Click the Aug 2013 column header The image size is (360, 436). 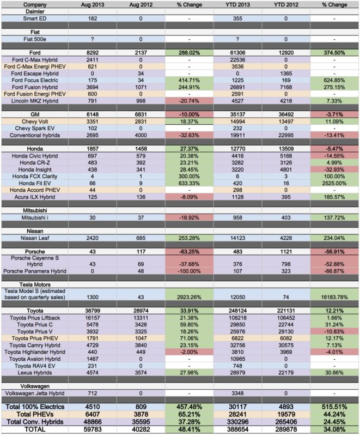click(x=92, y=5)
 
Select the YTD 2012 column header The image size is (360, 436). click(x=285, y=5)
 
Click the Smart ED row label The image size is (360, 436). click(x=35, y=19)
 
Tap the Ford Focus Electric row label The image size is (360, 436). click(x=35, y=80)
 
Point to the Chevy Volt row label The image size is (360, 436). click(x=35, y=122)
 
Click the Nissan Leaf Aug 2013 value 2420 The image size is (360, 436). click(x=92, y=238)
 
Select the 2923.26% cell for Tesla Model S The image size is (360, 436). click(x=189, y=297)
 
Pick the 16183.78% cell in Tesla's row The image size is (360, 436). click(x=334, y=297)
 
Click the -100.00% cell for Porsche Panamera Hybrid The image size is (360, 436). click(x=189, y=271)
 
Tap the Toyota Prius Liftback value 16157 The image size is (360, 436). click(x=92, y=318)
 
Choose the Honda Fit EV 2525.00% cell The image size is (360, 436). click(x=334, y=183)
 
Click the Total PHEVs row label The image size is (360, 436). click(x=35, y=414)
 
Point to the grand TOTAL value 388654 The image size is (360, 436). click(x=237, y=429)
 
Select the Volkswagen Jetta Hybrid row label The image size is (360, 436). click(x=35, y=393)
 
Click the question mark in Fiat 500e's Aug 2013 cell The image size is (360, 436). click(x=92, y=39)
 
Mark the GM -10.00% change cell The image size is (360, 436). click(x=189, y=114)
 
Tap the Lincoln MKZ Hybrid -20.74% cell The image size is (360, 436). click(x=189, y=101)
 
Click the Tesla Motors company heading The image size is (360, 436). click(x=35, y=284)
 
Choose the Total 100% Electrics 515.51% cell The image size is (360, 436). click(x=334, y=407)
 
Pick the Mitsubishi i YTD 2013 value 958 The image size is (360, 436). click(x=237, y=217)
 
